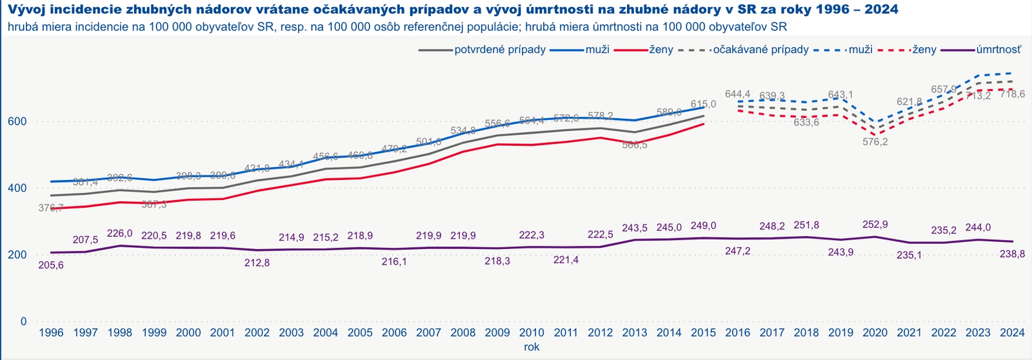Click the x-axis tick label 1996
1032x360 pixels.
pyautogui.click(x=51, y=333)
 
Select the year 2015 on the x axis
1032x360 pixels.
pyautogui.click(x=703, y=333)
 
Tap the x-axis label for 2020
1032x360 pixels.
pyautogui.click(x=875, y=333)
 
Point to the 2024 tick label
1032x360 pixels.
pyautogui.click(x=1012, y=333)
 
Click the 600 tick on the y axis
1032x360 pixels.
pyautogui.click(x=17, y=121)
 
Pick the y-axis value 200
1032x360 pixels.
pyautogui.click(x=17, y=254)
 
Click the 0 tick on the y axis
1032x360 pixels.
pyautogui.click(x=23, y=321)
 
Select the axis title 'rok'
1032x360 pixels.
pyautogui.click(x=531, y=346)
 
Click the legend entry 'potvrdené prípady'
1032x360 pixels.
pyautogui.click(x=500, y=50)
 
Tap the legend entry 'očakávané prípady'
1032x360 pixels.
pyautogui.click(x=760, y=50)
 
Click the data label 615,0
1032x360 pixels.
pyautogui.click(x=703, y=104)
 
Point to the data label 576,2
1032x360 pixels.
pyautogui.click(x=875, y=142)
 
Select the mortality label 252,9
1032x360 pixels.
pyautogui.click(x=875, y=225)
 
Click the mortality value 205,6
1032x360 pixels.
pyautogui.click(x=51, y=265)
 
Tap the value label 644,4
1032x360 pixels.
pyautogui.click(x=738, y=94)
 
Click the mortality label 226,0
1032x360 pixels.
pyautogui.click(x=120, y=234)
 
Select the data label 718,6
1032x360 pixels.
pyautogui.click(x=1012, y=94)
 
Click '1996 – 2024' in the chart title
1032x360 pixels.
pyautogui.click(x=846, y=11)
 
